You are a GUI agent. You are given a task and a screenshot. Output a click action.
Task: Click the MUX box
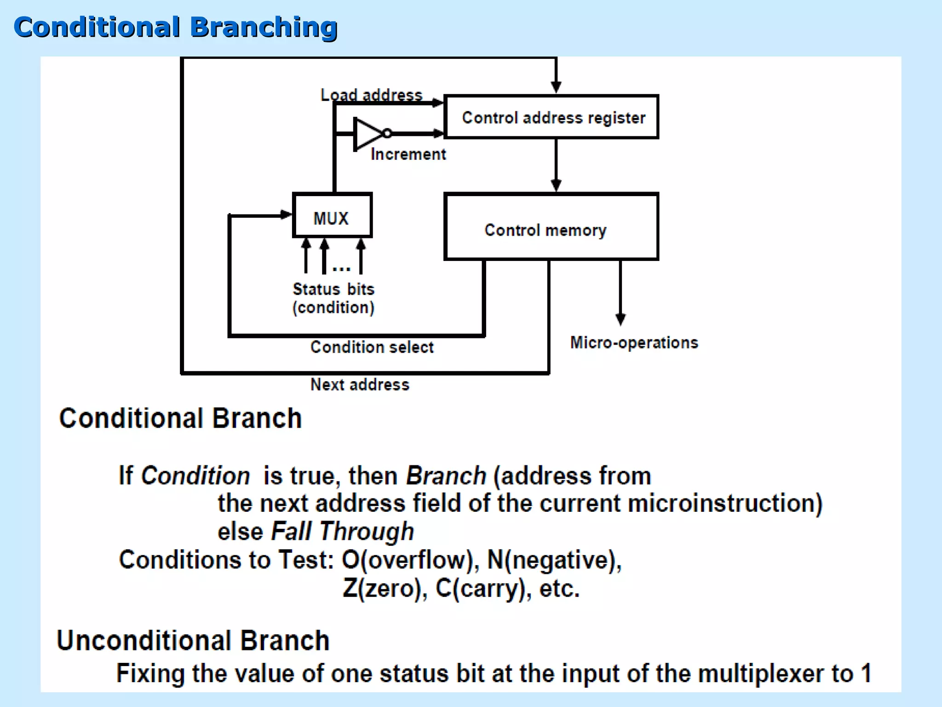332,215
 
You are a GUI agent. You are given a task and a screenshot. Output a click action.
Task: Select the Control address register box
551,117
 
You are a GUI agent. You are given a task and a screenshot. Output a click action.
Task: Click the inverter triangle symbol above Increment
367,133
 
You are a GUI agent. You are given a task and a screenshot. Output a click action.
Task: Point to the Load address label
371,95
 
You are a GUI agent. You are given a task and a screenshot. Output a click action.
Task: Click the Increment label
408,154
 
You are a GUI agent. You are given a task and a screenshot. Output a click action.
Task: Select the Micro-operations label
634,342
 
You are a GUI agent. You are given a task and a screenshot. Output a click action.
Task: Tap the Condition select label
372,347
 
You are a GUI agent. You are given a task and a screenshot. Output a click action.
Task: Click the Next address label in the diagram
360,384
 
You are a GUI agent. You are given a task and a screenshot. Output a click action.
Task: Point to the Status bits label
333,289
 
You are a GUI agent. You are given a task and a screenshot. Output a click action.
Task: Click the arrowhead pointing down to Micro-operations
620,319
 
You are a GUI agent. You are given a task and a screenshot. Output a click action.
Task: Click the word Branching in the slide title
264,27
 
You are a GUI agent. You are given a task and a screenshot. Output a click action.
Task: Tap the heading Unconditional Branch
193,640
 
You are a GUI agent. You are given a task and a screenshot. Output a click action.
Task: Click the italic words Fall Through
342,531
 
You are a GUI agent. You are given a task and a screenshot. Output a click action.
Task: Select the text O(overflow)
408,560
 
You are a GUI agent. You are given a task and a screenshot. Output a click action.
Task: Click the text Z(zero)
385,588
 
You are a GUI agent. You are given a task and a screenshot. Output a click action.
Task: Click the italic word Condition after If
195,475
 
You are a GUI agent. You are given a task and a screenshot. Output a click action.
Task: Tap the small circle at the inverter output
387,133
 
